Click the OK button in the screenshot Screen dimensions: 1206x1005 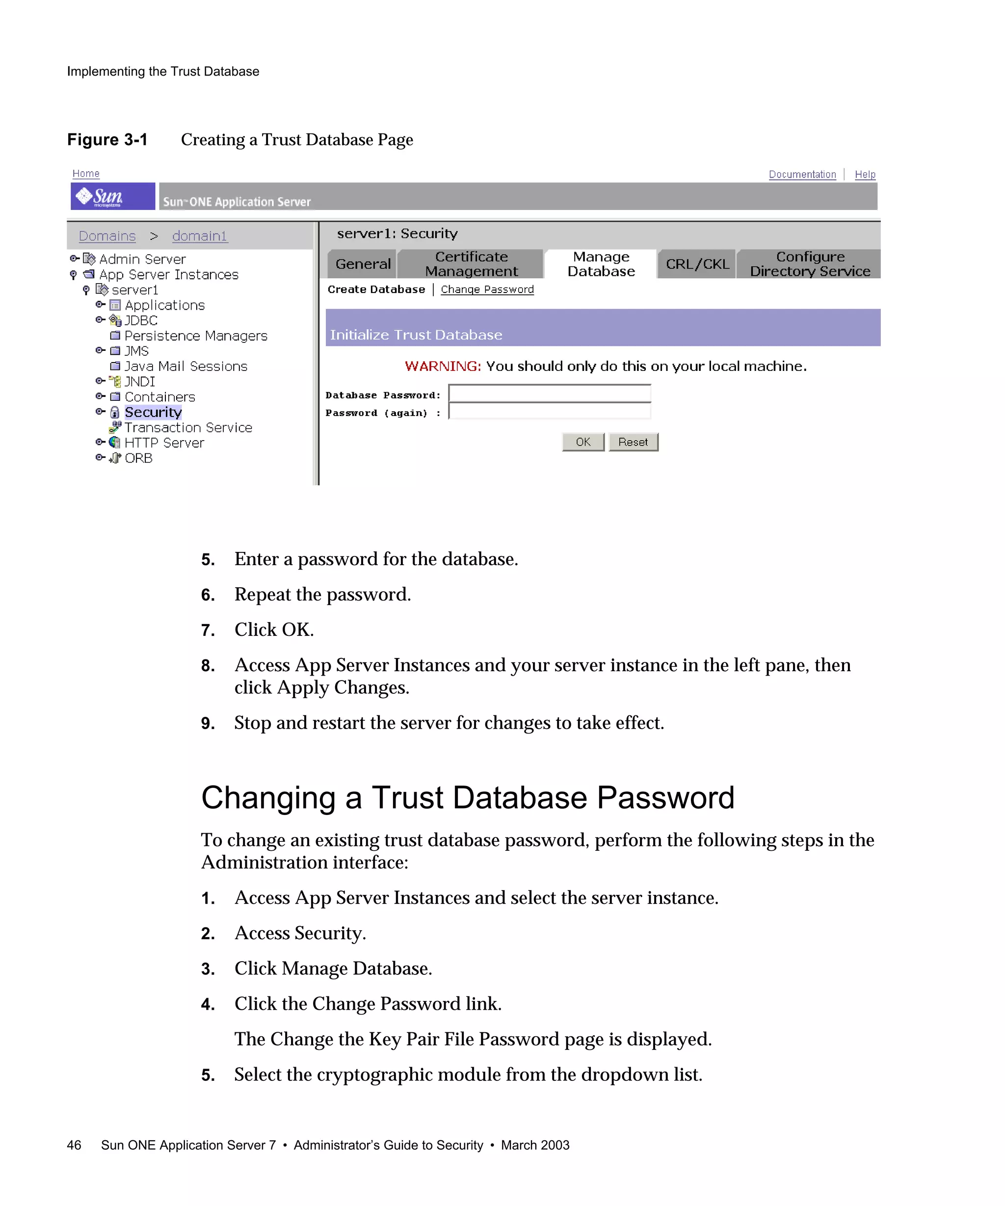[582, 442]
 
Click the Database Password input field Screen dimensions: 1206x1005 [549, 393]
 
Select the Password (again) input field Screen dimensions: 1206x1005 [549, 411]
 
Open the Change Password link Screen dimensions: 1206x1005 [486, 289]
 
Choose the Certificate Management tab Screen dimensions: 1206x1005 [471, 263]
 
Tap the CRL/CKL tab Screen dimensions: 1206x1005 [697, 263]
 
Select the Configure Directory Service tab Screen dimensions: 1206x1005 [809, 263]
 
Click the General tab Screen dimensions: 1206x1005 [362, 263]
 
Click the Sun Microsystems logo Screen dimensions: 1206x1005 [112, 196]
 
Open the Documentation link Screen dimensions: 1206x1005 [802, 174]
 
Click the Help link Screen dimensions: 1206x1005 [864, 174]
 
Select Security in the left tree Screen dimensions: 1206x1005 [153, 412]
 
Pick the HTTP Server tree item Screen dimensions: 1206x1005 [164, 443]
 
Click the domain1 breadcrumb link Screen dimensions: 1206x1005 [199, 236]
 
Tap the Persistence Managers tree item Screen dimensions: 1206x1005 [195, 336]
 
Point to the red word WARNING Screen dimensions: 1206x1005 [442, 367]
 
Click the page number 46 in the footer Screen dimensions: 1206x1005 [74, 1145]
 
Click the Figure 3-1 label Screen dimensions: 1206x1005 [107, 139]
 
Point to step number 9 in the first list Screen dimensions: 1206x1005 [207, 724]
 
